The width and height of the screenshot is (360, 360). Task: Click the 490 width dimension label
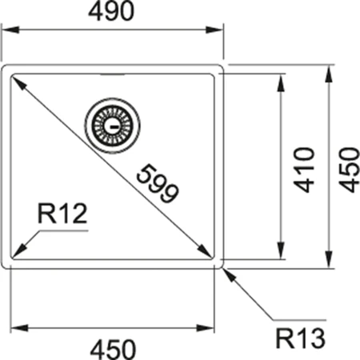[x=113, y=12]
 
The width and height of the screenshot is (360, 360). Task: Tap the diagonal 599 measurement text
[x=156, y=182]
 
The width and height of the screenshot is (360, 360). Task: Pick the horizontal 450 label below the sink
[x=114, y=348]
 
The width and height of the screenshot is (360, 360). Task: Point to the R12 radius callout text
[x=61, y=214]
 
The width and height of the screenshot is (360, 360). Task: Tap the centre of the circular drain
[x=111, y=126]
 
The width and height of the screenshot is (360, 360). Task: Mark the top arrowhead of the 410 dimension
[x=281, y=81]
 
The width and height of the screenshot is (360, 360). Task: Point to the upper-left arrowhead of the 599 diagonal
[x=16, y=81]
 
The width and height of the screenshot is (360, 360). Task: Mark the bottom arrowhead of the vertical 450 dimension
[x=329, y=264]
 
